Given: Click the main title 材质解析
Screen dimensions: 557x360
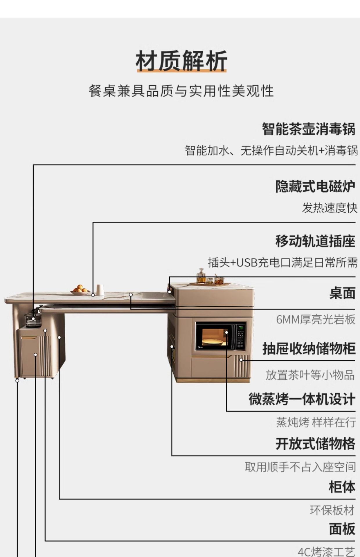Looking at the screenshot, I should click(181, 61).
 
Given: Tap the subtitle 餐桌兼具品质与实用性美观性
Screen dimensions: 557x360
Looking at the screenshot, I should click(181, 91).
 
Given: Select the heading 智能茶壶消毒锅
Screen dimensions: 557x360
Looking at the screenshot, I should click(308, 129).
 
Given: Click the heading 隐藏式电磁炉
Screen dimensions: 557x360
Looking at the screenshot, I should click(315, 186).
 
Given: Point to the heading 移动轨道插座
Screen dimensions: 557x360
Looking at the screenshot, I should click(315, 241).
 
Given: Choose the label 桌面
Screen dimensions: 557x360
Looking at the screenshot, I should click(342, 293).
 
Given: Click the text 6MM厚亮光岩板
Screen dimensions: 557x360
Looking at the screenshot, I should click(316, 319).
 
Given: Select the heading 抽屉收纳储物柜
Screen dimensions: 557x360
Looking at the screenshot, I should click(309, 348).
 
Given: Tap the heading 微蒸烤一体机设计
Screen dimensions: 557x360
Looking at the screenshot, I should click(302, 399).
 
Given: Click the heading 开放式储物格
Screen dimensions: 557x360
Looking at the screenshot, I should click(315, 444).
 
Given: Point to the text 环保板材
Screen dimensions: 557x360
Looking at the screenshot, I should click(332, 510).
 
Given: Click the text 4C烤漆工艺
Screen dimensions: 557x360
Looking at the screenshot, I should click(326, 551).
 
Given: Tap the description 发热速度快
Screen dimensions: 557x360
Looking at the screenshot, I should click(330, 208).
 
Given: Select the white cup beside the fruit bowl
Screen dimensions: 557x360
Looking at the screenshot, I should click(100, 290).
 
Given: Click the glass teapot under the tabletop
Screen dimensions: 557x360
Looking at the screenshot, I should click(33, 319).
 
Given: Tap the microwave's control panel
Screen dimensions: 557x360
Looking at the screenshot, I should click(240, 336).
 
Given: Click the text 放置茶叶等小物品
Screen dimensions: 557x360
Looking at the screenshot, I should click(310, 375).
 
